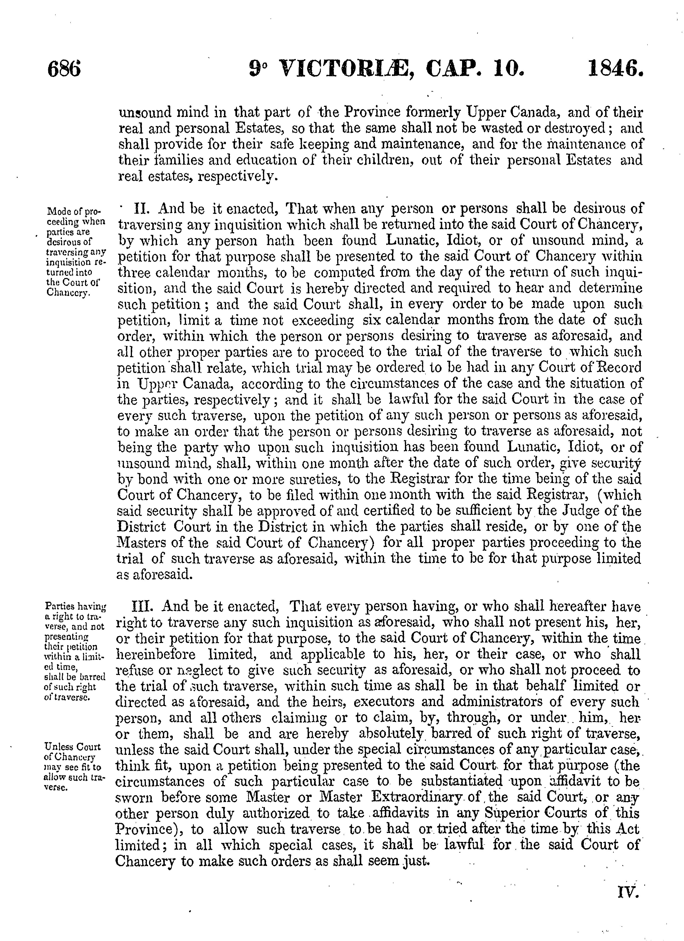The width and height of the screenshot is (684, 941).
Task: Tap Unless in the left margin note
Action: tap(55, 747)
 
